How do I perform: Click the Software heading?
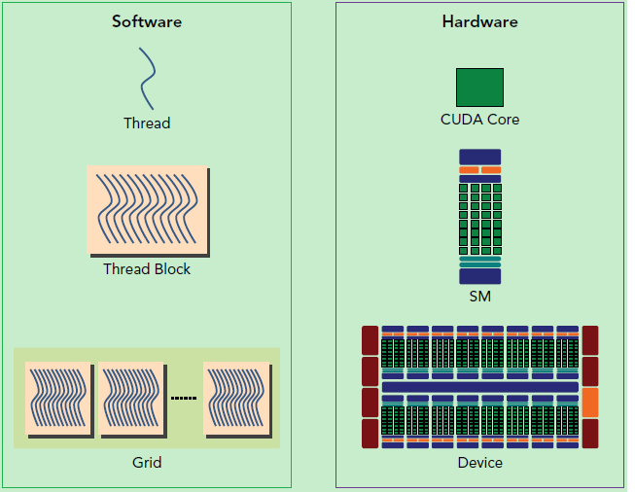point(147,21)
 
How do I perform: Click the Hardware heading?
point(479,21)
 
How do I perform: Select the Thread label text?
point(147,123)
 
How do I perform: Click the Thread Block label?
point(147,269)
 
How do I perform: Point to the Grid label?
point(147,463)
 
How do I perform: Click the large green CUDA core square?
point(479,88)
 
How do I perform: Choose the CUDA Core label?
point(479,120)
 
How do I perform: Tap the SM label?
point(479,297)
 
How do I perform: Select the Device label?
point(479,463)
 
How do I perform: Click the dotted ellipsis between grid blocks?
point(184,398)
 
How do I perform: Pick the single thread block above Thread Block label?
point(148,211)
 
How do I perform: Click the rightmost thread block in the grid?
point(237,400)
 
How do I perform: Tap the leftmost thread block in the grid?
point(59,400)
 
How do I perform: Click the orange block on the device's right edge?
point(590,403)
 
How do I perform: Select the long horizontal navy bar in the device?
point(479,387)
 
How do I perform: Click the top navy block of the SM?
point(479,157)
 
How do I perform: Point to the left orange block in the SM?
point(469,170)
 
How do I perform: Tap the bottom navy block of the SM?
point(479,276)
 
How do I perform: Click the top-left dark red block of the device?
point(370,340)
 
